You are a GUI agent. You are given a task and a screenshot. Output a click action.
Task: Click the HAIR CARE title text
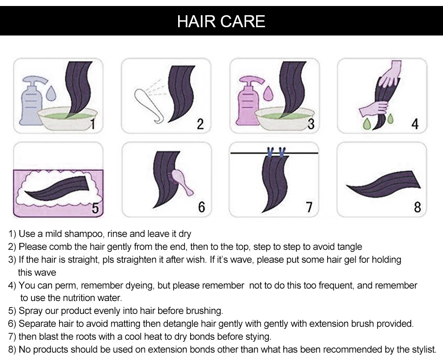coord(221,22)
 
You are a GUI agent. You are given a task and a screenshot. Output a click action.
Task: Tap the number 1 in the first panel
coord(92,124)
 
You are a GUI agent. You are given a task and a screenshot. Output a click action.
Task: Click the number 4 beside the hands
coord(415,124)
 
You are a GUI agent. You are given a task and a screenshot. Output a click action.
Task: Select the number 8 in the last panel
coord(417,207)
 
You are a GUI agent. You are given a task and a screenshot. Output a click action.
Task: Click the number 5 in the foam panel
coord(95,208)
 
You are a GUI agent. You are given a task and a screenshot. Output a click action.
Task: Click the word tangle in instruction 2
coord(350,247)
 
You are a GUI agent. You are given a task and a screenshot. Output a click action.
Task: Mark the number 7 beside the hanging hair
coord(309,207)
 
